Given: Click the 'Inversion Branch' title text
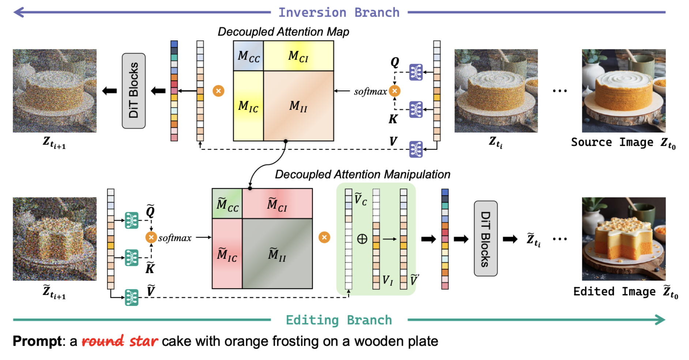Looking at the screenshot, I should click(x=339, y=12).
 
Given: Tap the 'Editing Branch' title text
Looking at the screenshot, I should click(x=339, y=320).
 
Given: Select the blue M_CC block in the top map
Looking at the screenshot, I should click(x=249, y=56).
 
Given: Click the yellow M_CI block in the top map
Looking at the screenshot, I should click(x=298, y=56).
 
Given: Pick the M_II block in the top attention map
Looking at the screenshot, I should click(x=298, y=106).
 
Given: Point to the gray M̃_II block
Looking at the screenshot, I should click(x=277, y=254).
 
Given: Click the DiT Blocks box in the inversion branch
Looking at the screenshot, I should click(x=133, y=91).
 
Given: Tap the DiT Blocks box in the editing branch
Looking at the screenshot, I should click(x=485, y=239).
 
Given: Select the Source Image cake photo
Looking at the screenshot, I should click(x=624, y=91).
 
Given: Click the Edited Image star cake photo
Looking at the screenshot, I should click(x=624, y=239).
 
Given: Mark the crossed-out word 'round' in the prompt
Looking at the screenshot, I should click(x=103, y=341).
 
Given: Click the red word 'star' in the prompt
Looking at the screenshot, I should click(x=143, y=341).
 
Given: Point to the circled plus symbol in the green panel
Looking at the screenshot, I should click(x=362, y=239).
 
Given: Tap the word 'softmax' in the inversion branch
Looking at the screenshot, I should click(x=370, y=91).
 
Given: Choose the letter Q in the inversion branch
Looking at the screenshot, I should click(x=395, y=62).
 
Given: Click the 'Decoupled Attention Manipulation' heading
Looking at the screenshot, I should click(x=362, y=175).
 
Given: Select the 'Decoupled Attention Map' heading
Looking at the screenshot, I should click(x=283, y=32).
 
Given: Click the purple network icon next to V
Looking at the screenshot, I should click(x=416, y=149).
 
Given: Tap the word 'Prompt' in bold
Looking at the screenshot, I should click(x=37, y=341).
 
